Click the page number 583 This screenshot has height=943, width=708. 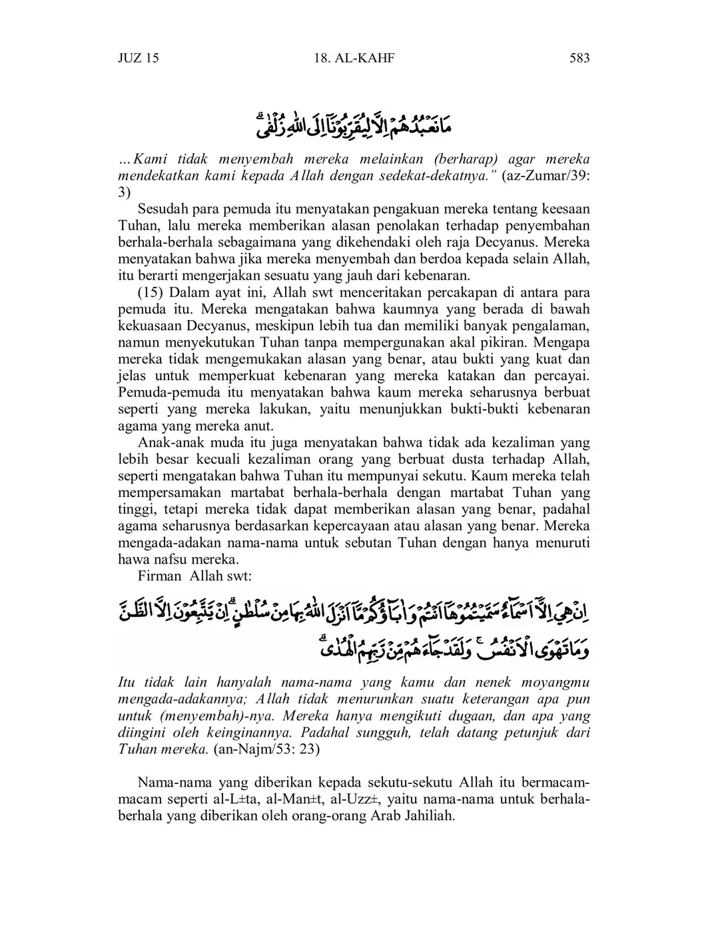click(x=579, y=58)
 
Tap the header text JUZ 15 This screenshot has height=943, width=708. click(x=139, y=58)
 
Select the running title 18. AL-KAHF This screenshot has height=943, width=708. click(x=354, y=58)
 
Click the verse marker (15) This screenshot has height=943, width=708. click(x=151, y=293)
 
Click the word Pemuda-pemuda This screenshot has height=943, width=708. click(x=161, y=393)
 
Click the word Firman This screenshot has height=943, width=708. click(x=159, y=576)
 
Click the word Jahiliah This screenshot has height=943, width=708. click(x=430, y=815)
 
